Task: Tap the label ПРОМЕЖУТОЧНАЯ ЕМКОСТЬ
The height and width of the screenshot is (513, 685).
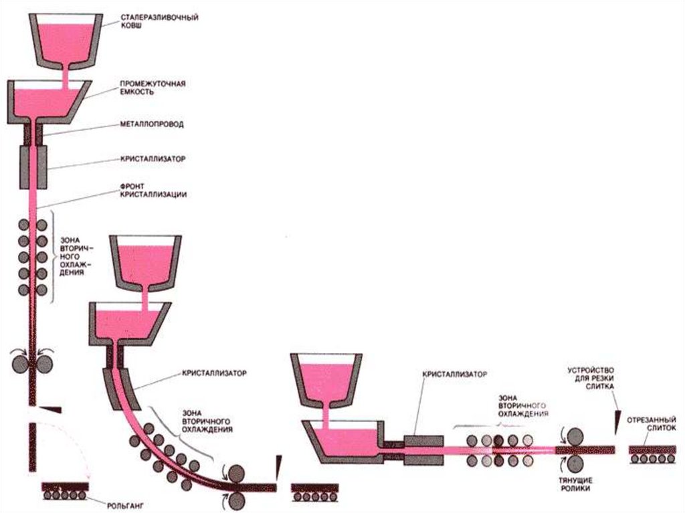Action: coord(152,88)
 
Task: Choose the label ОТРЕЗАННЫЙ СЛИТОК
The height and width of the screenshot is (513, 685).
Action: coord(652,426)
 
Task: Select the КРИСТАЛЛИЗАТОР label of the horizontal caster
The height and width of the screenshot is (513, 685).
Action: coord(455,375)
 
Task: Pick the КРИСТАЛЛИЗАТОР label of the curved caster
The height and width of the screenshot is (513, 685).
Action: coord(214,373)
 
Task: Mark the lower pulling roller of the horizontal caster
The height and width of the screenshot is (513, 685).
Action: coord(574,464)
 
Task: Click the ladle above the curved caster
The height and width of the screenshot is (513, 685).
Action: coord(146,259)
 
